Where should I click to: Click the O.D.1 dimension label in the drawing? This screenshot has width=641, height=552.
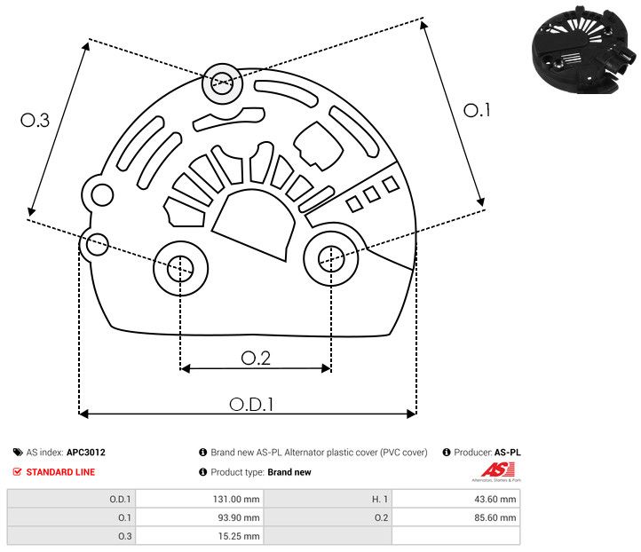250,404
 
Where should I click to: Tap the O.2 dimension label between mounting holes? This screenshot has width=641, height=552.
256,358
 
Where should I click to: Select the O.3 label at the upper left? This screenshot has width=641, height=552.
35,121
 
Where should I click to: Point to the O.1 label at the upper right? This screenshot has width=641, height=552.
477,110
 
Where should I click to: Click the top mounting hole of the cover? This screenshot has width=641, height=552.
221,85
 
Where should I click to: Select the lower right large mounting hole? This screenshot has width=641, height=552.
331,257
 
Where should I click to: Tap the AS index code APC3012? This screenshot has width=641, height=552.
85,453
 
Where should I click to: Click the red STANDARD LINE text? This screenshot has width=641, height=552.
60,472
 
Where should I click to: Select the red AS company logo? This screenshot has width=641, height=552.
494,470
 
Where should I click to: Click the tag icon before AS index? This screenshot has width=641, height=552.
18,453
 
